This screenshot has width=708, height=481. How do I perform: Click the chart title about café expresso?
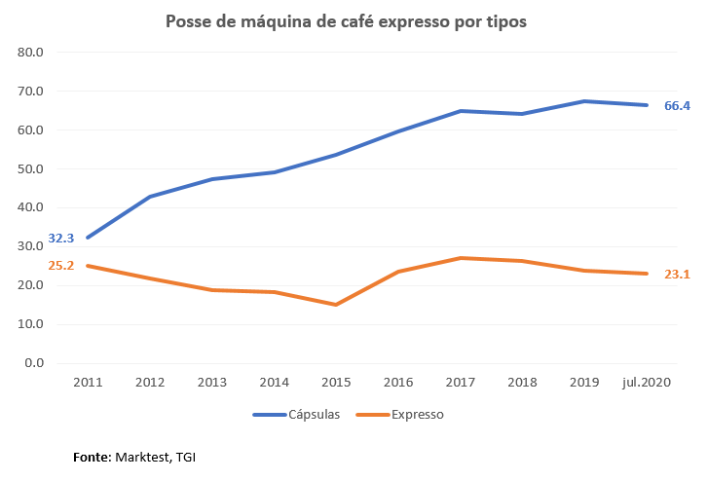(x=346, y=21)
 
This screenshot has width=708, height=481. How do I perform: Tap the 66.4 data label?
(x=677, y=104)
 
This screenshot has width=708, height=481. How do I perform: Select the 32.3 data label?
(x=61, y=238)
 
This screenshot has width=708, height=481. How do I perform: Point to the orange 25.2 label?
(x=61, y=265)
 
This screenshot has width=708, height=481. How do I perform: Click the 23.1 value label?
(x=677, y=274)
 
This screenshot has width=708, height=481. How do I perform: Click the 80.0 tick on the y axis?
(x=31, y=52)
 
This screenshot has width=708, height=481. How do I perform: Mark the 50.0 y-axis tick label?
(x=31, y=168)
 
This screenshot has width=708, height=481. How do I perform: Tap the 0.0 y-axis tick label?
(x=35, y=363)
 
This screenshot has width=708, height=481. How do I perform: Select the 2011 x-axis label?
(x=88, y=383)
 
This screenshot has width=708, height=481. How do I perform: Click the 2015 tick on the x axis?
(x=335, y=383)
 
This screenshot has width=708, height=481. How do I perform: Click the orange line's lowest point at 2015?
(x=335, y=305)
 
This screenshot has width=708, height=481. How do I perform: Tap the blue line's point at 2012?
(x=150, y=197)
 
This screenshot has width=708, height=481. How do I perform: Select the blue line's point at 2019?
(x=583, y=101)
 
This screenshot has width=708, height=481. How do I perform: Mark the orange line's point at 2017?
(x=460, y=258)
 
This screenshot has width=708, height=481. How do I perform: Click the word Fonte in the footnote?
(x=92, y=456)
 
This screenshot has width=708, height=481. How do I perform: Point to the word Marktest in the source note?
(x=143, y=456)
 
